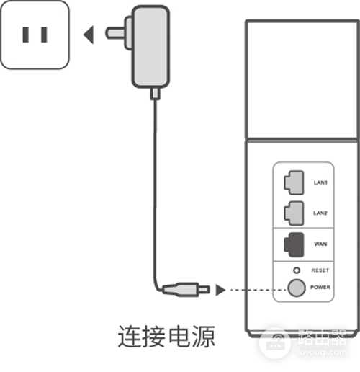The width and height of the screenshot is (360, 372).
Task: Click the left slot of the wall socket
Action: (x=26, y=35)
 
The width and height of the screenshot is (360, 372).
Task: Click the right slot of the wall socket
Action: (x=44, y=35)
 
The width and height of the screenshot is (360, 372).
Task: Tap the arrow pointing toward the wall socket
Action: (x=89, y=35)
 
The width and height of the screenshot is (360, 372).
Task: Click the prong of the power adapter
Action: (x=115, y=33)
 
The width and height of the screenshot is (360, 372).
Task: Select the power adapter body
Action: (x=151, y=47)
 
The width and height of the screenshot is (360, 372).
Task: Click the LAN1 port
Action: (x=294, y=182)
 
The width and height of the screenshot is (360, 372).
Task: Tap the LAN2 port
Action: (x=294, y=213)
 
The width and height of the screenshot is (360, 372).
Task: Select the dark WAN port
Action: (x=294, y=244)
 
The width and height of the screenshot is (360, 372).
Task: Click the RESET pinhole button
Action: (x=297, y=270)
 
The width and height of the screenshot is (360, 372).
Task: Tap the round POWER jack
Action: (x=297, y=288)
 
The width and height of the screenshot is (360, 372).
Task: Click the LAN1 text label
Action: (x=320, y=182)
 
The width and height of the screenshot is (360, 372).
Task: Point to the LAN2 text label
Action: (x=320, y=213)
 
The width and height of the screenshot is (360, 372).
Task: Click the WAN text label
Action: (x=320, y=244)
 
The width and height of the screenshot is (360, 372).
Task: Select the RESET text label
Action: (x=320, y=270)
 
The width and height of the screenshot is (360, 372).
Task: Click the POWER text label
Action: (x=320, y=287)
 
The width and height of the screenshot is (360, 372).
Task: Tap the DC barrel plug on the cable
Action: (x=186, y=290)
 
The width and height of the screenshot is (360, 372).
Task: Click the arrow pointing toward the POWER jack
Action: (x=220, y=290)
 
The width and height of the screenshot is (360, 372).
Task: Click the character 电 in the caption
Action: (x=179, y=336)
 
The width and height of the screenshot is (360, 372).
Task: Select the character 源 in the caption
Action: (x=204, y=336)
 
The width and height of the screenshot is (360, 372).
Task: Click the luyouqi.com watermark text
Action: (x=322, y=352)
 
